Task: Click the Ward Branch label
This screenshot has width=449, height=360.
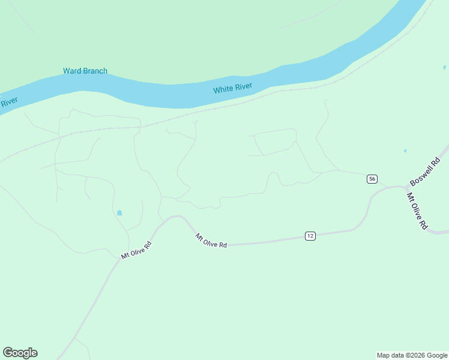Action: point(85,71)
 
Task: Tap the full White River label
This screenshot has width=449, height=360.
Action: point(233,89)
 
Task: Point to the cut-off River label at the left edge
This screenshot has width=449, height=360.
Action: point(8,102)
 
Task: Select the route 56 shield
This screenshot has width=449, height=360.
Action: point(372,179)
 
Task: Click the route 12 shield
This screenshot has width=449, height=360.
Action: point(310,236)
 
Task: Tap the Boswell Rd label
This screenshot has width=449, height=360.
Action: point(425,172)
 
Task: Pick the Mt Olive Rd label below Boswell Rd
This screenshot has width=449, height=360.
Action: point(417,211)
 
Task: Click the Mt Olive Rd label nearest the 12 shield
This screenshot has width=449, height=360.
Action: point(211,241)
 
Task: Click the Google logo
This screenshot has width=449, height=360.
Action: point(20,353)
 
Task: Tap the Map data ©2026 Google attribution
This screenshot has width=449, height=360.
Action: point(412,355)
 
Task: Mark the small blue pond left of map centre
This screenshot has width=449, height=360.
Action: point(119,213)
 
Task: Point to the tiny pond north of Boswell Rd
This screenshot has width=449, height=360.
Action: point(405,151)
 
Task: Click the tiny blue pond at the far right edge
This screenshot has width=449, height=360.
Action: point(444,67)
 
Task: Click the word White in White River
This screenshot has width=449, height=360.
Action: point(223,90)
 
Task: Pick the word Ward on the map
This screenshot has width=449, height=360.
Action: point(72,71)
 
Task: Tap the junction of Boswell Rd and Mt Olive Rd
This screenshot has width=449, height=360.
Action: point(406,188)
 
